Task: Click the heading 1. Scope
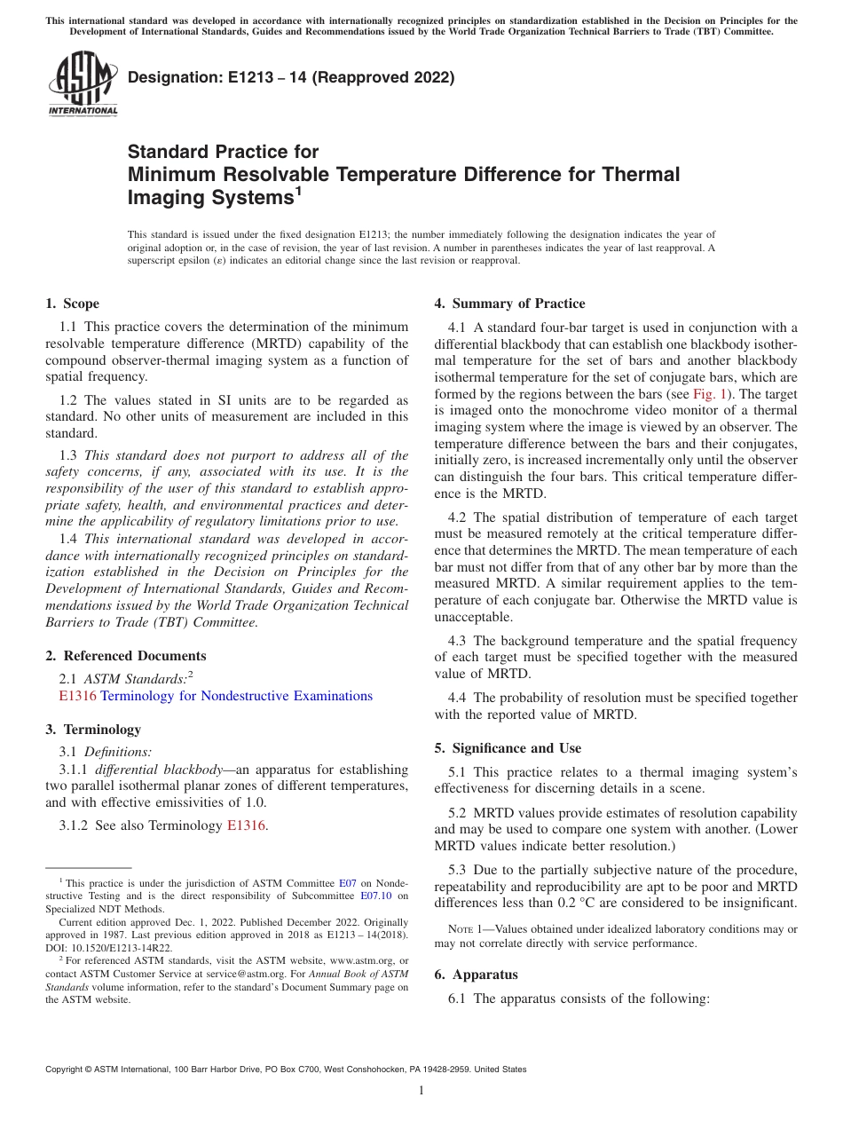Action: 73,304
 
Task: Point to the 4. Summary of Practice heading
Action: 509,304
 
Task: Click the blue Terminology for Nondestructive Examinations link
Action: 236,696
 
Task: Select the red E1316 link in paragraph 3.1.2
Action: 246,825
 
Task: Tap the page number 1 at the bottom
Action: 421,1090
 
